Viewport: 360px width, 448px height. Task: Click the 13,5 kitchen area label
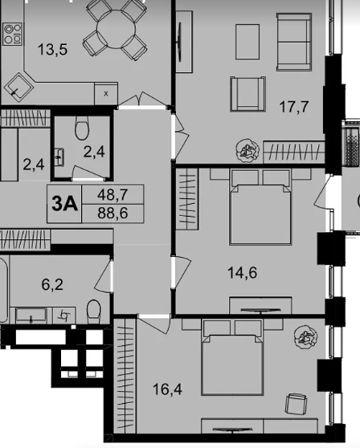pyautogui.click(x=52, y=49)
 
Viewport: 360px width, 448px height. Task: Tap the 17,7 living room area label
pyautogui.click(x=293, y=107)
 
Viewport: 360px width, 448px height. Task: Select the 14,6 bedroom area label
pyautogui.click(x=242, y=272)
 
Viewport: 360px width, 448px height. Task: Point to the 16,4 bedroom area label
pyautogui.click(x=167, y=389)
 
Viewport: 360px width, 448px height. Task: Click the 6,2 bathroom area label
pyautogui.click(x=52, y=284)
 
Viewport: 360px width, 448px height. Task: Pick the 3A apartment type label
pyautogui.click(x=64, y=204)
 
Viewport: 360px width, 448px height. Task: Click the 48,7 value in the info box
pyautogui.click(x=112, y=195)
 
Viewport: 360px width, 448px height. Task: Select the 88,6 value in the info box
pyautogui.click(x=112, y=213)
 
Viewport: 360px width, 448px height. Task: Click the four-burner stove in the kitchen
pyautogui.click(x=13, y=34)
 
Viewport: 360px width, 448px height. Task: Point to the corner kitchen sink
pyautogui.click(x=18, y=87)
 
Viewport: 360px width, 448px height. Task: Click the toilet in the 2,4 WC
pyautogui.click(x=82, y=128)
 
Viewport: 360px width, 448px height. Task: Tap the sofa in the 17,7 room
pyautogui.click(x=293, y=42)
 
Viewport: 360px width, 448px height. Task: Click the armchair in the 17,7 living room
pyautogui.click(x=247, y=94)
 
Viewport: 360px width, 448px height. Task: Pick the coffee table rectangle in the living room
pyautogui.click(x=247, y=42)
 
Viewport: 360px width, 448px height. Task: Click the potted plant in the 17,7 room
pyautogui.click(x=247, y=150)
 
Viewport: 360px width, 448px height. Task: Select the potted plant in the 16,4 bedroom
pyautogui.click(x=305, y=336)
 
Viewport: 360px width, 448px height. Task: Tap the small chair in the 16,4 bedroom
pyautogui.click(x=297, y=403)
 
